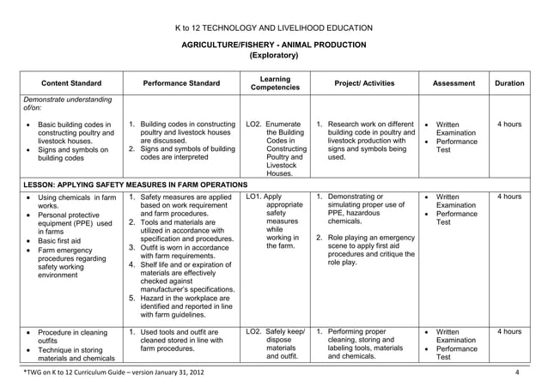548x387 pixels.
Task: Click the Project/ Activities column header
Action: pos(364,83)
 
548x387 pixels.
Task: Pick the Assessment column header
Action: pos(454,83)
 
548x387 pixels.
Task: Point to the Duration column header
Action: pos(509,83)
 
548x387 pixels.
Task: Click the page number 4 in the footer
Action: pos(517,372)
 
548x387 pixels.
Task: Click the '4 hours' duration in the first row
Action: pos(509,124)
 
